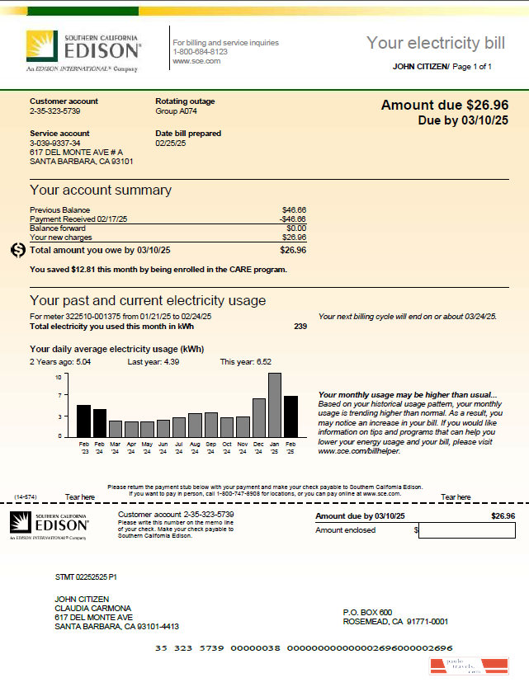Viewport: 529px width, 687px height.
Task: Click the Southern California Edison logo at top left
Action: (x=83, y=51)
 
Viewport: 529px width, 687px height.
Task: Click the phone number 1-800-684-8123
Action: (x=200, y=52)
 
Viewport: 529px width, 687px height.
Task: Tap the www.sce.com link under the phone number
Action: (x=196, y=61)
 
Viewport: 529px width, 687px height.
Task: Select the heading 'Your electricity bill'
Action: (x=434, y=43)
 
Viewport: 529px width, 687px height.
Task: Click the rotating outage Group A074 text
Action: (x=177, y=111)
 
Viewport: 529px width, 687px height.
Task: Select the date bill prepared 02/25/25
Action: (x=171, y=143)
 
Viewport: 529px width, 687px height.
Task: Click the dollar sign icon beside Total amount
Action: (x=18, y=250)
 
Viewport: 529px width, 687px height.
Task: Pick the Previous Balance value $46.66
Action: (x=294, y=210)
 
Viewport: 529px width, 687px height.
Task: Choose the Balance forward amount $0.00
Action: (x=296, y=228)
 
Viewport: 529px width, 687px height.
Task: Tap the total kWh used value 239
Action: (x=300, y=327)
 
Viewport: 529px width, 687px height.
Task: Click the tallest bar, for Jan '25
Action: (x=275, y=405)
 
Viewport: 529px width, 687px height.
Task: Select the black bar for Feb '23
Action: (x=83, y=421)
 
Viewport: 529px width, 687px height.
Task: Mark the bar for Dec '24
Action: (x=259, y=417)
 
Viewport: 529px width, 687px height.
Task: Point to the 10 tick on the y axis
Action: (x=59, y=377)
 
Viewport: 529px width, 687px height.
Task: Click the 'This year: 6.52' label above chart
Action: (x=245, y=362)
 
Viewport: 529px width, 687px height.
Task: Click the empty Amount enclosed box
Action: (x=466, y=530)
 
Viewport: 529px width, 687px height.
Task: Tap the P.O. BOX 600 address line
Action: (x=367, y=612)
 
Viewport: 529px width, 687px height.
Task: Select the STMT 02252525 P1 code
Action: (x=85, y=577)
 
